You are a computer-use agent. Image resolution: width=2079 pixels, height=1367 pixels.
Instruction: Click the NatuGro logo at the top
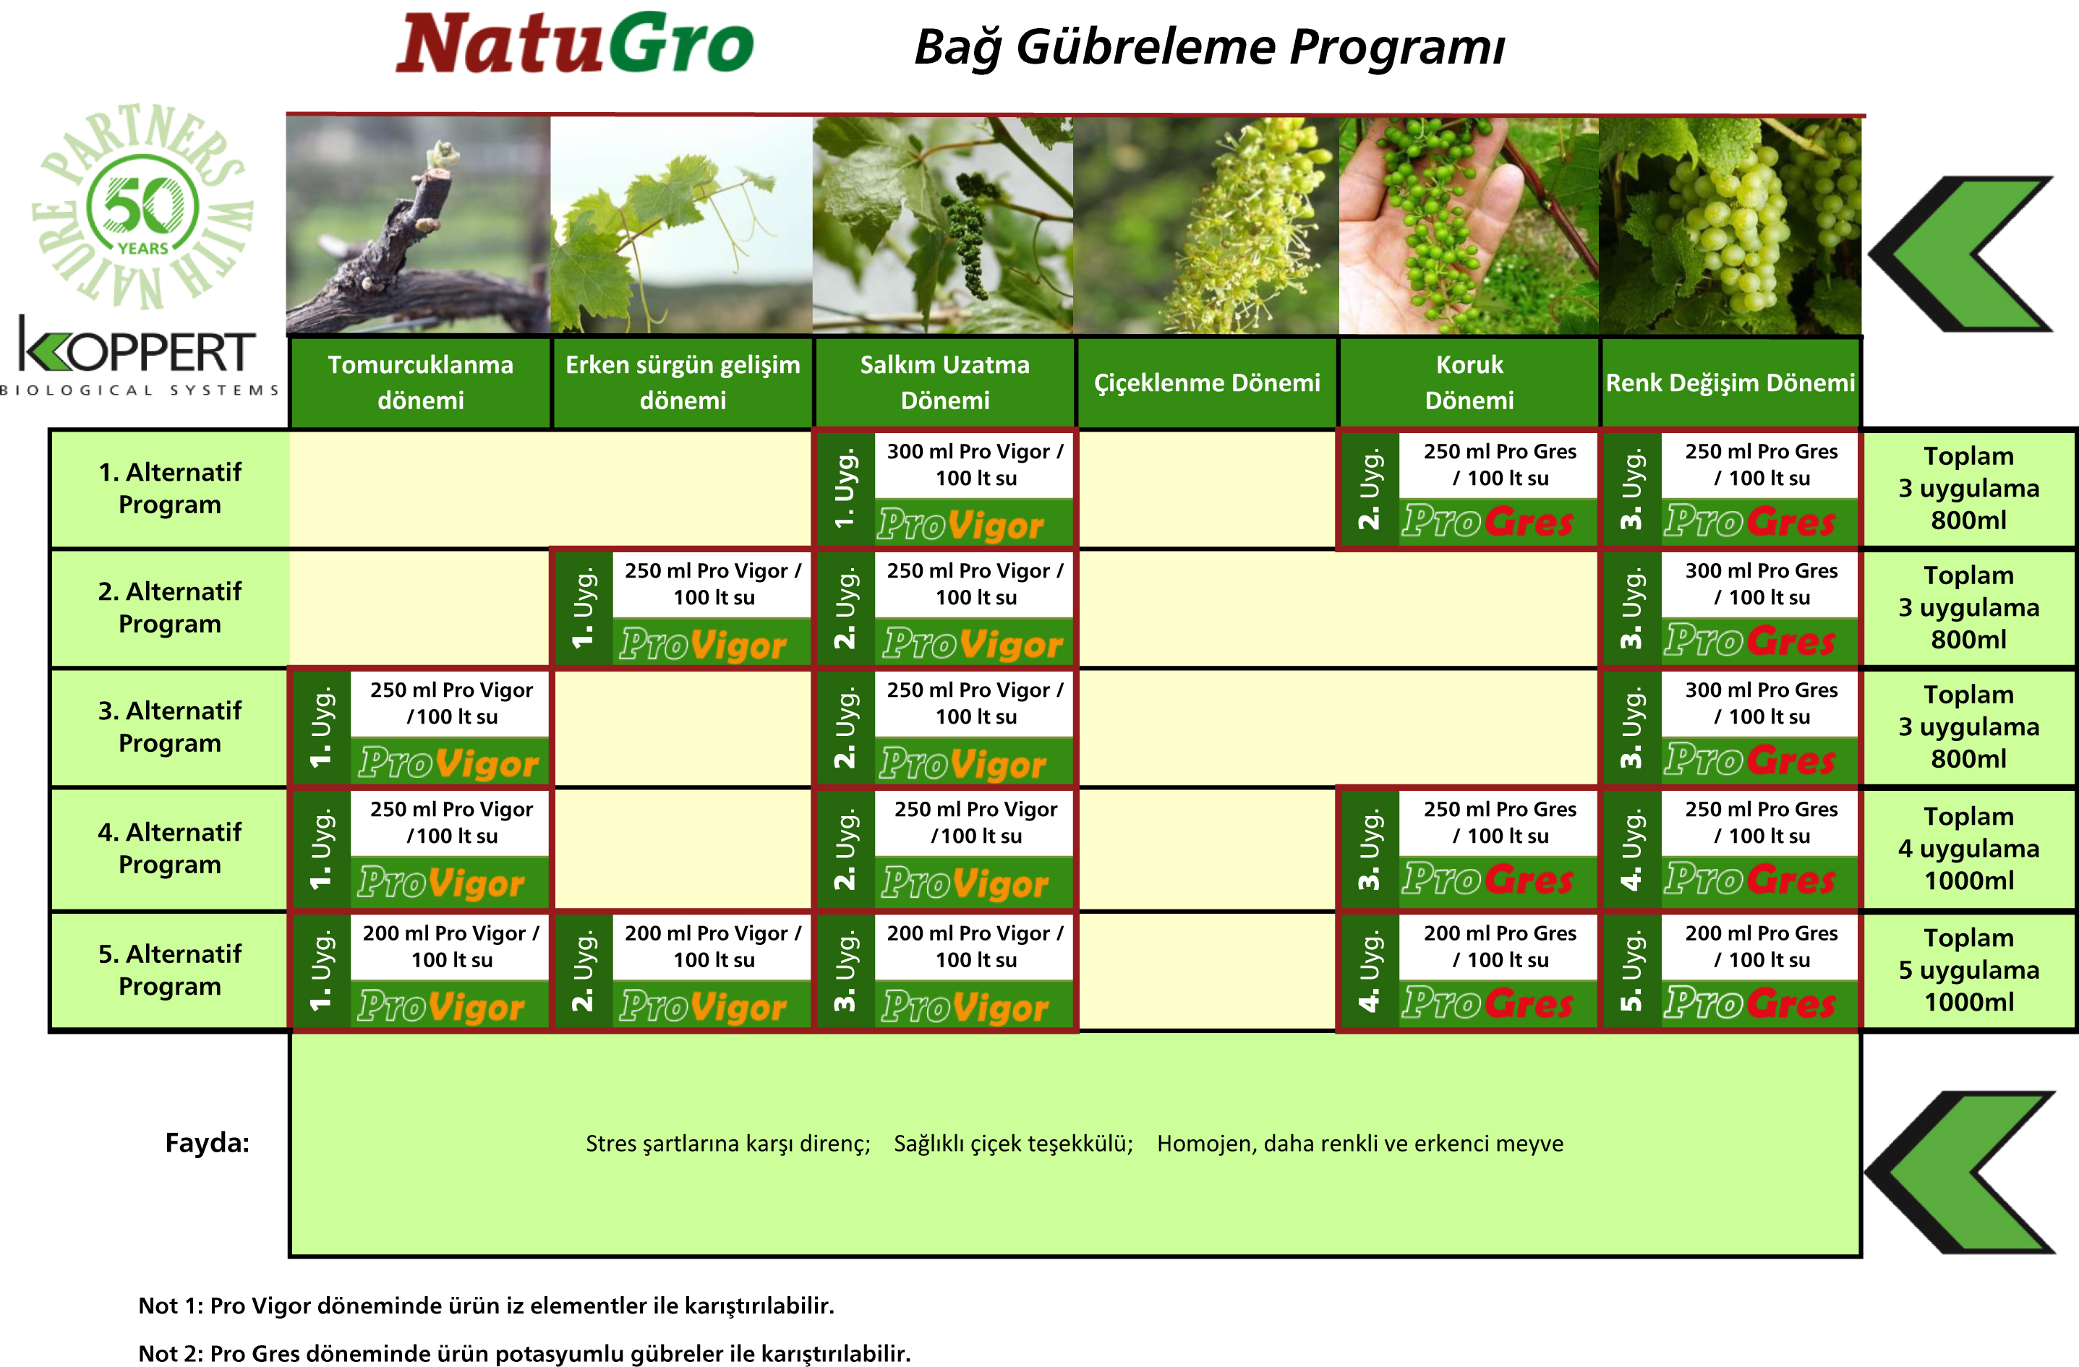pos(575,43)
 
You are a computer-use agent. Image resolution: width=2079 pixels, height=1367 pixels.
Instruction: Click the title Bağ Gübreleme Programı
pos(1210,47)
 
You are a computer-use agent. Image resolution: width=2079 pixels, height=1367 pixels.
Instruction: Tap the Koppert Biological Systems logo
pos(139,356)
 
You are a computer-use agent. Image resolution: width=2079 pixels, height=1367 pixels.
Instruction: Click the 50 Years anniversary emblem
pos(142,205)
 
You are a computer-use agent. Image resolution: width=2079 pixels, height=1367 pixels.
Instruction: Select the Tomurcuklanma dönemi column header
pos(420,382)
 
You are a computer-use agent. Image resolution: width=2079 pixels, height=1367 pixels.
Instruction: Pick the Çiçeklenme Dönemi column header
pos(1207,382)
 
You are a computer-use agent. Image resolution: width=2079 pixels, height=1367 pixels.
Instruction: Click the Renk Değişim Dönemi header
pos(1730,382)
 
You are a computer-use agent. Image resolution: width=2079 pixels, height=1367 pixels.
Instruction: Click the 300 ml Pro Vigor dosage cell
pos(975,465)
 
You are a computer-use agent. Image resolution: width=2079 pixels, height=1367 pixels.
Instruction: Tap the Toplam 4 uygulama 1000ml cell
pos(1969,848)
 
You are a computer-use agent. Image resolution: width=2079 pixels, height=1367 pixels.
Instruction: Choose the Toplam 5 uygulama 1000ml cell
pos(1969,969)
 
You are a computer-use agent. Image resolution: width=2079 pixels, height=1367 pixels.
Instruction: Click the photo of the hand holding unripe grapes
pos(1469,226)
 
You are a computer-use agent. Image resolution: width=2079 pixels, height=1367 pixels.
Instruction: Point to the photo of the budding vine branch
pos(419,226)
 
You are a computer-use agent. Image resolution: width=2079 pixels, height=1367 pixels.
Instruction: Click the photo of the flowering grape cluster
pos(1206,226)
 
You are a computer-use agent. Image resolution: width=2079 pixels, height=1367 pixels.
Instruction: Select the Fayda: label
pos(207,1142)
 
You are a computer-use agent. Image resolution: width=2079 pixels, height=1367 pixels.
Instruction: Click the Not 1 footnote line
pos(487,1305)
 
